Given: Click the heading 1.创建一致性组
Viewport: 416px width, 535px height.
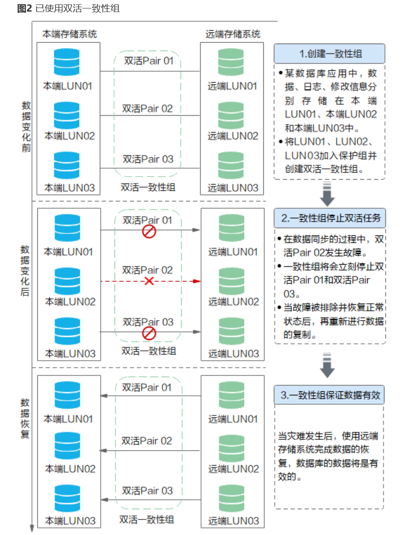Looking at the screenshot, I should click(x=329, y=54).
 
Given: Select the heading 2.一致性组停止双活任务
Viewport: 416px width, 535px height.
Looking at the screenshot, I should click(x=329, y=219).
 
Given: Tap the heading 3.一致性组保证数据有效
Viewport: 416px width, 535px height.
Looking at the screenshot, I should click(x=329, y=395).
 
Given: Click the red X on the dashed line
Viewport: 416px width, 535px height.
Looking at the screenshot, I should click(x=149, y=281).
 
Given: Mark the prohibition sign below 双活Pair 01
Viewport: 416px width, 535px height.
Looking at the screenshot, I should click(x=149, y=231).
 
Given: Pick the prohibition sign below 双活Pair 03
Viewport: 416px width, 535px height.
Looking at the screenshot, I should click(x=149, y=332).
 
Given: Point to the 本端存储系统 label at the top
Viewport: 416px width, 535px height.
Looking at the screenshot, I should click(x=70, y=34).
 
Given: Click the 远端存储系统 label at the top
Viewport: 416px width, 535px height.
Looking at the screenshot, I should click(x=233, y=34).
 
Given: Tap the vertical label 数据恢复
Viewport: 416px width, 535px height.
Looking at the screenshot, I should click(x=25, y=418).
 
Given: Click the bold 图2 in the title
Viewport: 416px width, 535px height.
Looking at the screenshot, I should click(x=24, y=8).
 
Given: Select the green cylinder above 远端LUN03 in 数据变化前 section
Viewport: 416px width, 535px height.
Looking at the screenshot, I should click(x=231, y=165).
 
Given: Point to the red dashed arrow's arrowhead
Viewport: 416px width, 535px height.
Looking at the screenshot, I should click(x=198, y=281).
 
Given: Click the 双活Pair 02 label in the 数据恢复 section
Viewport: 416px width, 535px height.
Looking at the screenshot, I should click(x=147, y=441).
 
